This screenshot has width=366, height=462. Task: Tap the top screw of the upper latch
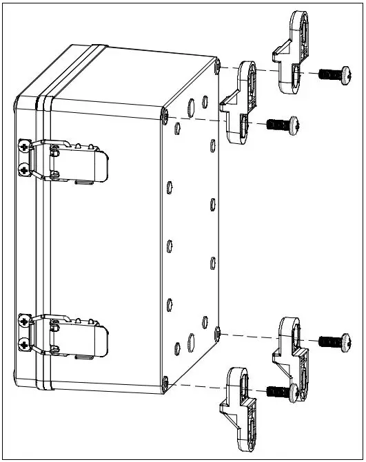26,146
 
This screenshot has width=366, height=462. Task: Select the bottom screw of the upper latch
26,169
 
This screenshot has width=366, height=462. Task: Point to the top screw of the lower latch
26,321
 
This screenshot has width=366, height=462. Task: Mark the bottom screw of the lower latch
26,344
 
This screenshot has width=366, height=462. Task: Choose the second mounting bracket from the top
241,100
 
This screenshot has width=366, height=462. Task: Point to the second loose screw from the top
283,124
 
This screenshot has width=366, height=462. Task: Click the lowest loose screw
283,392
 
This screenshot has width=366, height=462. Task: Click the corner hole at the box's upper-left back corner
164,115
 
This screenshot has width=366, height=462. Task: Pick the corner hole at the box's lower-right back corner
217,333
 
